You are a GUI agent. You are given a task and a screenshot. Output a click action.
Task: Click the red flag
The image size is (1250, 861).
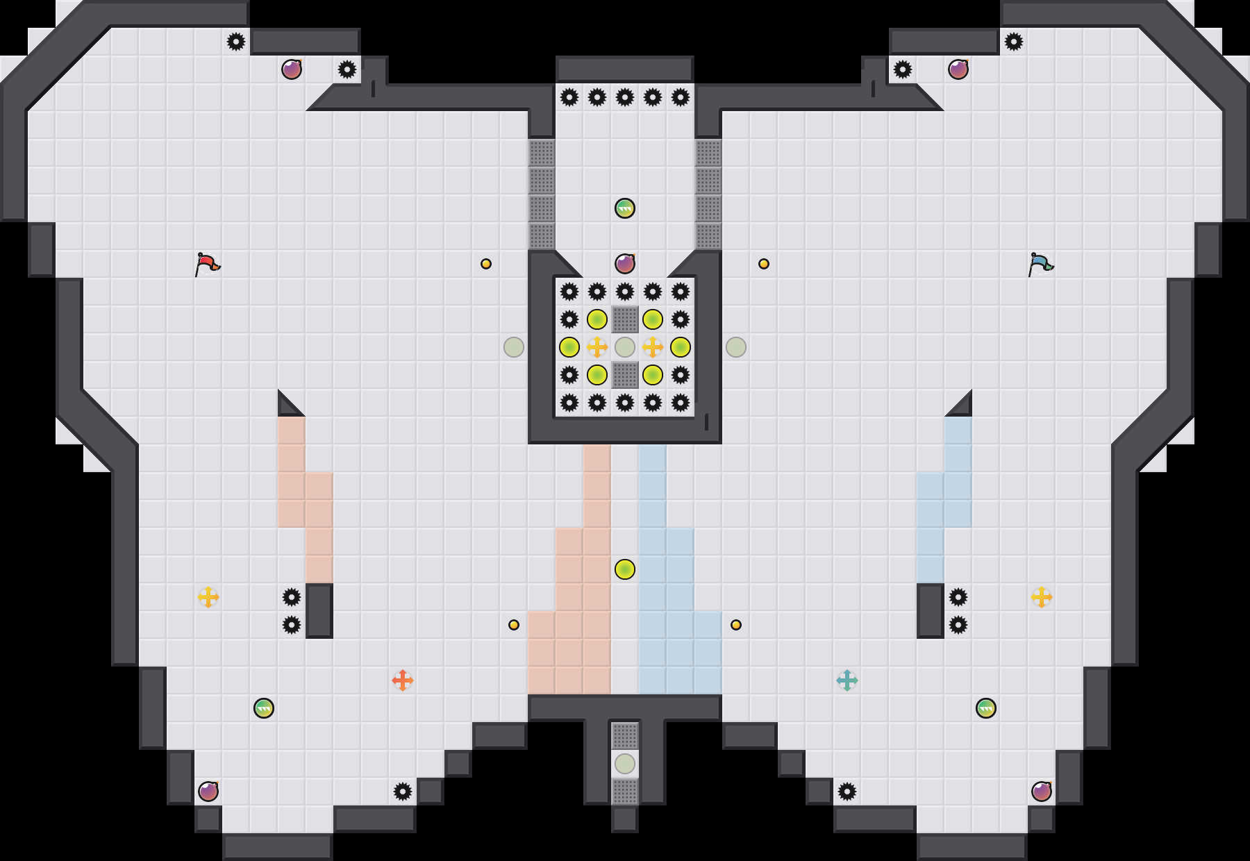(x=207, y=264)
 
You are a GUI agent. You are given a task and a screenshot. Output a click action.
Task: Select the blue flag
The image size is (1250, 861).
(x=1040, y=264)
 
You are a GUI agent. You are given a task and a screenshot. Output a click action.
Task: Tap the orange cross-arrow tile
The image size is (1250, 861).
(x=403, y=680)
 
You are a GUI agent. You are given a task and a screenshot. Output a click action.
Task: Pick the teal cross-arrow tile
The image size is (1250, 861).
(x=847, y=680)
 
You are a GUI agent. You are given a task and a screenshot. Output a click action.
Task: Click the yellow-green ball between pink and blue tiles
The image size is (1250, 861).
(x=625, y=569)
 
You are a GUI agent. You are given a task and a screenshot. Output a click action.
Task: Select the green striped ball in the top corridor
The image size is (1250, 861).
(x=625, y=208)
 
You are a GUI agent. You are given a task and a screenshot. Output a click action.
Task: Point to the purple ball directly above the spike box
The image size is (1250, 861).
(x=625, y=264)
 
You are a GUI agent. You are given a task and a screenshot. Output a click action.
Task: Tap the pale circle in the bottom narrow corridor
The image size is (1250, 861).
(x=625, y=764)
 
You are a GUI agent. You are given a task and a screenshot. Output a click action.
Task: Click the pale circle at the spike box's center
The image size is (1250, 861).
(x=625, y=347)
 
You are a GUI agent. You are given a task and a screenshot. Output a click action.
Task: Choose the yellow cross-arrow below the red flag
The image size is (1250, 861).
(x=208, y=597)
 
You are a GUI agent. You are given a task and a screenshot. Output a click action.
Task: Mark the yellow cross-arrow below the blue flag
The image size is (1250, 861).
(x=1042, y=597)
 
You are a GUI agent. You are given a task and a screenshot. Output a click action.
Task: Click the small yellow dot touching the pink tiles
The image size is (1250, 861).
(x=514, y=625)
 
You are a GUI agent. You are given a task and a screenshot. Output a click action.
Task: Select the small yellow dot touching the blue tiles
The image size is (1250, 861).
(x=736, y=625)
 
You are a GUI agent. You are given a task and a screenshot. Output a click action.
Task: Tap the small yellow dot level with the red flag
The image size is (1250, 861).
(x=486, y=264)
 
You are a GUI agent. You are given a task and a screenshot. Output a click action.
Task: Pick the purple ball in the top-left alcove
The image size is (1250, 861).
(x=292, y=69)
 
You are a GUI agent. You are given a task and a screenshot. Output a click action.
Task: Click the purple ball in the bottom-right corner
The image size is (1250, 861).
(x=1042, y=792)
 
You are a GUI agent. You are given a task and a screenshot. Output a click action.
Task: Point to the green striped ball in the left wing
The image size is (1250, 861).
(x=264, y=708)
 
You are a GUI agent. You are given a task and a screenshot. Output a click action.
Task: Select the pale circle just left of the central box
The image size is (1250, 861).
(x=514, y=347)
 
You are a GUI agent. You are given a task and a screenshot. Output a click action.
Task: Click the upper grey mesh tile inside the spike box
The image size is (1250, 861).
(x=625, y=319)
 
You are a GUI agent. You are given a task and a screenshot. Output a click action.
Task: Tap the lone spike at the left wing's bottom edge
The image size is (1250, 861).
(x=403, y=792)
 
